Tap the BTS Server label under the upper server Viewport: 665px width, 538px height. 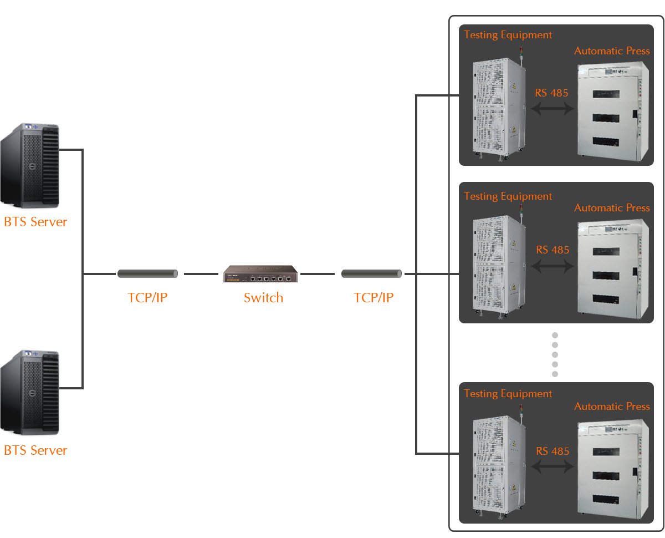tap(35, 221)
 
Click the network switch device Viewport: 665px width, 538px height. tap(260, 273)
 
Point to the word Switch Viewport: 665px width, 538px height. tap(263, 297)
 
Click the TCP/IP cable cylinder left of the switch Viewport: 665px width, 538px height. tap(147, 273)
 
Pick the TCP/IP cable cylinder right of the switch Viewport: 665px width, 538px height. tap(371, 273)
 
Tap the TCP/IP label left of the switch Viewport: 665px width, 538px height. tap(147, 297)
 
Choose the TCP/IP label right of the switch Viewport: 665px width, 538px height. tap(373, 297)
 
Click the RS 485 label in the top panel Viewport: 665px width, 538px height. tap(551, 93)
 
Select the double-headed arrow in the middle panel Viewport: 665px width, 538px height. tap(551, 266)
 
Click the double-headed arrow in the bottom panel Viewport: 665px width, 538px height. tap(551, 466)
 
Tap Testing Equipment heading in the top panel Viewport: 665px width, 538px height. tap(507, 35)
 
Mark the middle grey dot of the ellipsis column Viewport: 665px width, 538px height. tap(555, 354)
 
